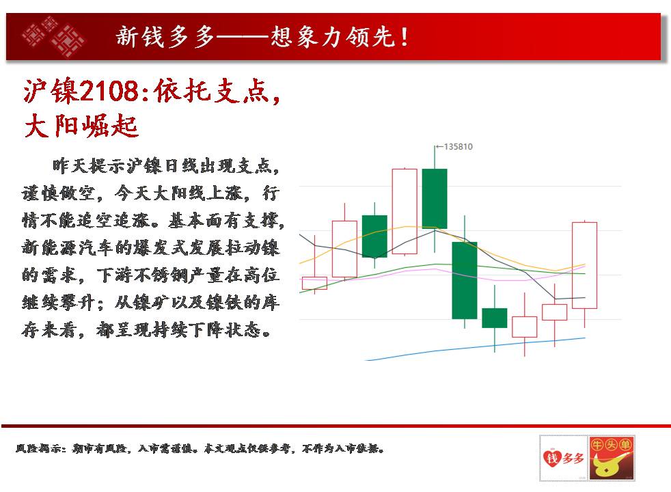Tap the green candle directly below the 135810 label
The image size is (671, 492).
tap(435, 199)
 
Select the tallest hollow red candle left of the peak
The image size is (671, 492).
tap(405, 211)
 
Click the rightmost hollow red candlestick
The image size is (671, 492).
tap(584, 265)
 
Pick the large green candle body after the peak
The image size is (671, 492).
tap(465, 280)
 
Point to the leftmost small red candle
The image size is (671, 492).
tap(314, 283)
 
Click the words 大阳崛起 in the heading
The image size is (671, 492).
tap(81, 126)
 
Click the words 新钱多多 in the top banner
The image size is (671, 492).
tap(165, 37)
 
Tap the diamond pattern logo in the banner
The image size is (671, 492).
tap(53, 37)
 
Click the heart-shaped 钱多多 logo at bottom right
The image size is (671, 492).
tap(564, 458)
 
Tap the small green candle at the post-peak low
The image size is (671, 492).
tap(494, 318)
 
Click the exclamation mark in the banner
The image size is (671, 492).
tap(405, 37)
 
